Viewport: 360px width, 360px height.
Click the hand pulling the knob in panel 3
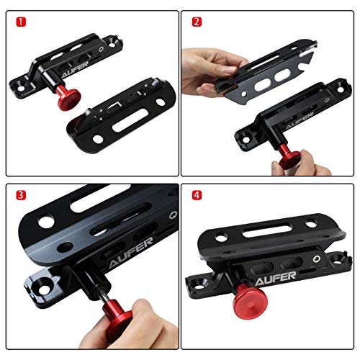pyautogui.click(x=137, y=320)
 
